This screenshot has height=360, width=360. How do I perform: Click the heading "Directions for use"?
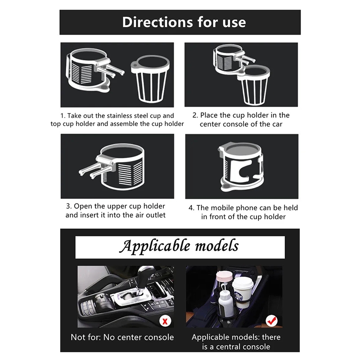click(x=184, y=22)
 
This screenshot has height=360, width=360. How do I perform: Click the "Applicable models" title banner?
click(x=180, y=247)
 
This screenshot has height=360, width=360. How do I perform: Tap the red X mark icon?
click(x=165, y=321)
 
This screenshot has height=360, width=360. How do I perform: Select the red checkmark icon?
click(x=272, y=321)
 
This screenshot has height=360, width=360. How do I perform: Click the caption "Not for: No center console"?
click(x=122, y=337)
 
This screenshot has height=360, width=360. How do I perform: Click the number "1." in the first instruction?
click(x=63, y=116)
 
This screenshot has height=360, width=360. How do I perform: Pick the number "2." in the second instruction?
click(x=195, y=115)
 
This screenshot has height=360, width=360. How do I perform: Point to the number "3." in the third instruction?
click(x=69, y=206)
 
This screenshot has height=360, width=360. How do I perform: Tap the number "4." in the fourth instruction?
click(x=192, y=208)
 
